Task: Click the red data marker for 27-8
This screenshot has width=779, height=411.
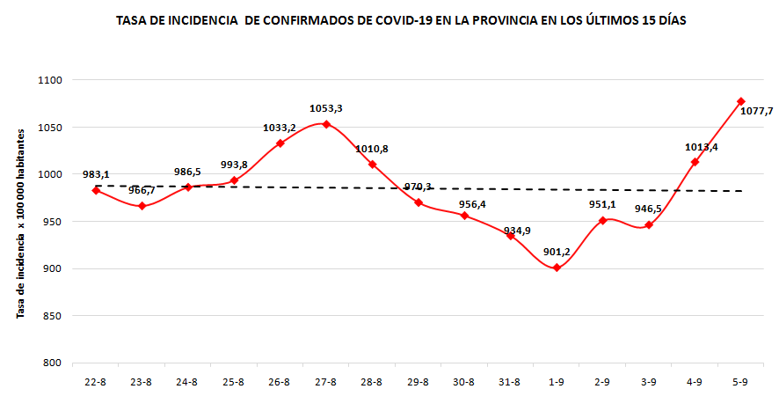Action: [326, 124]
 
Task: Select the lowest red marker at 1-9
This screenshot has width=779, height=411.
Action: [557, 268]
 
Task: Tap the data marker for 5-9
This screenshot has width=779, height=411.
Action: [741, 101]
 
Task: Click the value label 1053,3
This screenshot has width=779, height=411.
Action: [326, 108]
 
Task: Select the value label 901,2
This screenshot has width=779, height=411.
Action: [557, 252]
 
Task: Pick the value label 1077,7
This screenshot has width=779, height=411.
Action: [757, 111]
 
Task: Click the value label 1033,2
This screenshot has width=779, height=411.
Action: [280, 128]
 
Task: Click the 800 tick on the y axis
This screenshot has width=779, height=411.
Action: [52, 363]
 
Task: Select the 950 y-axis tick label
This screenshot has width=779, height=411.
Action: [52, 222]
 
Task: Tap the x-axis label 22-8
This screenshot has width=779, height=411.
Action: [96, 382]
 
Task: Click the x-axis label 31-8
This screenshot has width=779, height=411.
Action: [510, 382]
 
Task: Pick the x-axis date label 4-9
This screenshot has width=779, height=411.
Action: [695, 382]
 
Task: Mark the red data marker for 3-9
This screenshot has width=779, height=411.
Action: [649, 225]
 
